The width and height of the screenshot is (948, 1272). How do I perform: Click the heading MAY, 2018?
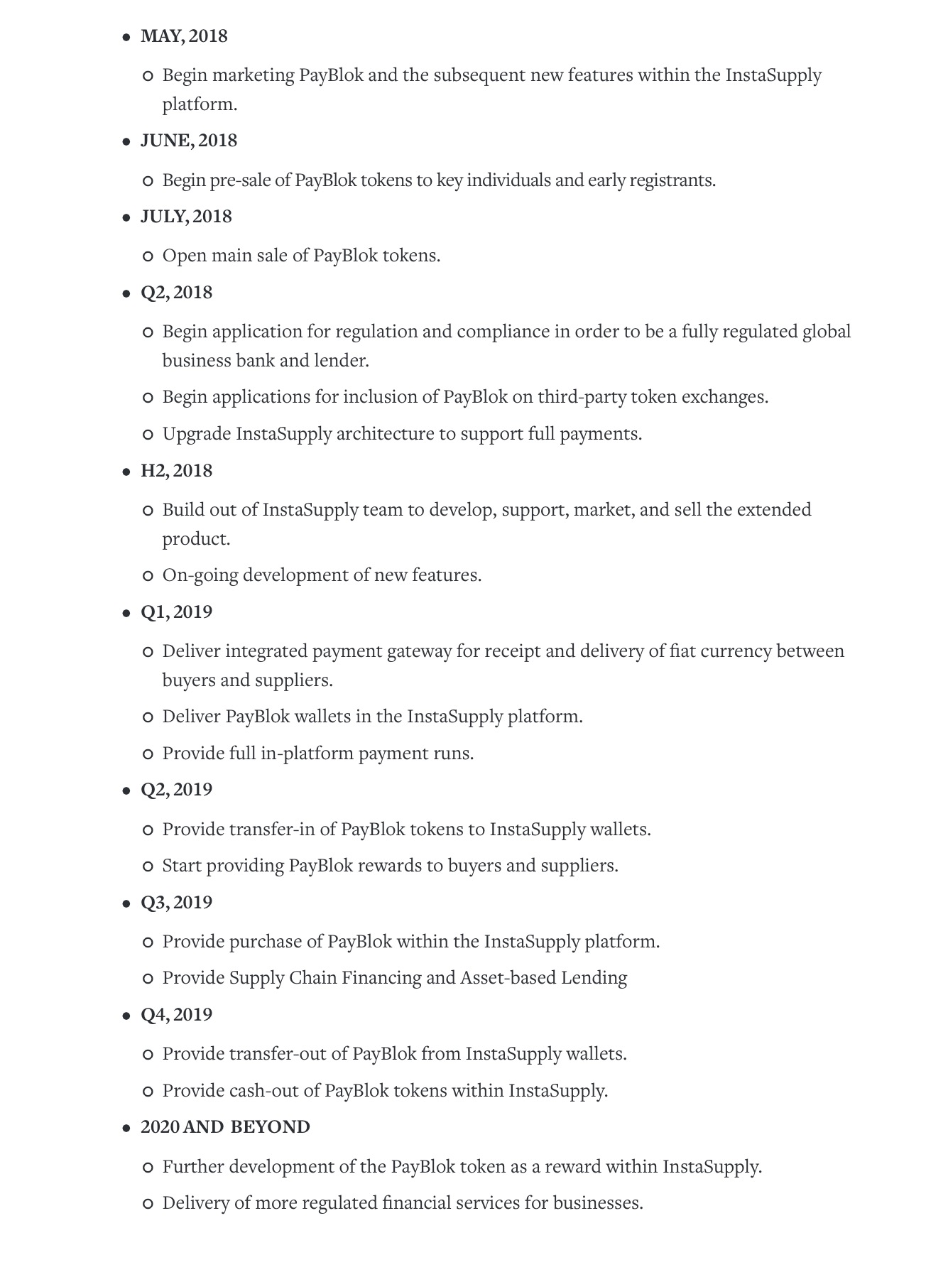point(184,36)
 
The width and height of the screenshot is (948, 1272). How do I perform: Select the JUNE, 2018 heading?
point(189,141)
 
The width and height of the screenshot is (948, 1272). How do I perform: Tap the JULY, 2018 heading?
point(186,217)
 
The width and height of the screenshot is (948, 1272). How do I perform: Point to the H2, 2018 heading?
point(176,471)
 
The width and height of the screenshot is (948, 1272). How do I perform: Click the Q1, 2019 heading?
point(176,612)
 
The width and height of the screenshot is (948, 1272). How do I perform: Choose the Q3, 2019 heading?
point(176,903)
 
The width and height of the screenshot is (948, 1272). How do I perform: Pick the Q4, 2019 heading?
point(176,1015)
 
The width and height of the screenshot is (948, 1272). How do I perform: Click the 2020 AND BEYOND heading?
point(225,1128)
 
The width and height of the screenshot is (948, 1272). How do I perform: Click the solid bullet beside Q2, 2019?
point(126,790)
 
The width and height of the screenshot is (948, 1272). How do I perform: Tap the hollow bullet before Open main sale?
point(148,256)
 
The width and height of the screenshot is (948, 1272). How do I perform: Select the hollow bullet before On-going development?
point(148,576)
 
